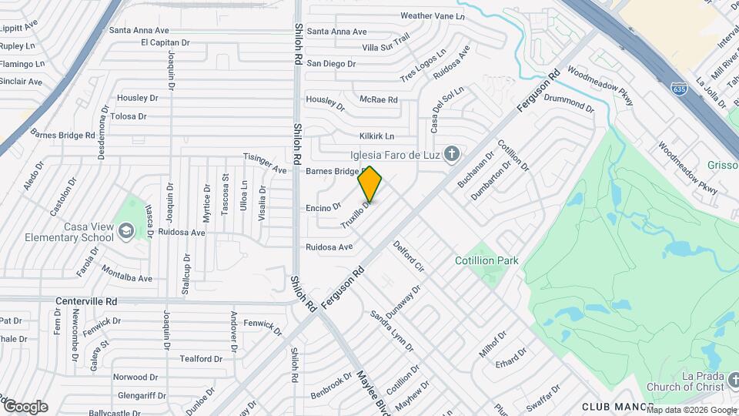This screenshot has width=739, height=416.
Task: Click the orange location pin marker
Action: coord(369,184)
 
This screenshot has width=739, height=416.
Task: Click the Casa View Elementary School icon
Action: coord(125,230)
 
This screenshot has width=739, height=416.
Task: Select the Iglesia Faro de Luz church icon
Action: coord(452,153)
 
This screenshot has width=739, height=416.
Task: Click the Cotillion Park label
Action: coord(487,260)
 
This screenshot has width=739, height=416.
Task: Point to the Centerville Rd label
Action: coord(86,301)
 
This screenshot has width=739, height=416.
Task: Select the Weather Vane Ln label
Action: coord(433,15)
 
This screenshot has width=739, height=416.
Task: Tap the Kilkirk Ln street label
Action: coord(376,136)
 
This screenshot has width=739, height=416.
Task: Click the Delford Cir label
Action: coord(409,257)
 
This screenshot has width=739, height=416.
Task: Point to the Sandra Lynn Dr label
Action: coord(392,331)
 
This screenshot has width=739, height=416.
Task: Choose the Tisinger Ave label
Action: coord(265,163)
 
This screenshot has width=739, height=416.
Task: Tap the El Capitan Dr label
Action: coord(165,42)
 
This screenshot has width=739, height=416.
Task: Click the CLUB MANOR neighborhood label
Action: coord(617,406)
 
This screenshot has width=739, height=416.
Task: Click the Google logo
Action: coord(25,406)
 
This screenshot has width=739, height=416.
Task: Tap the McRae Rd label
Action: coord(378,99)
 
